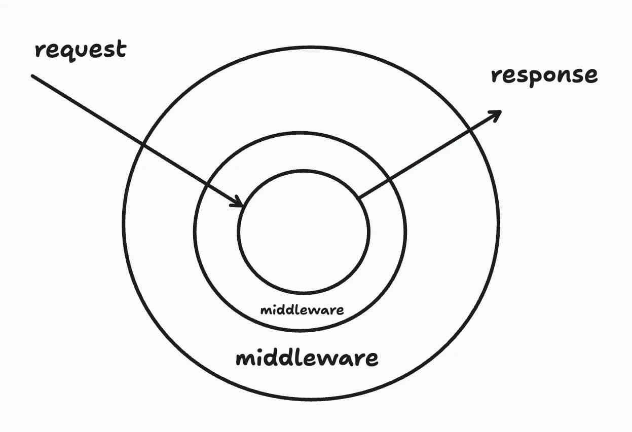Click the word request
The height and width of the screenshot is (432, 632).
[80, 50]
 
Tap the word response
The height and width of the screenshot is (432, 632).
[544, 75]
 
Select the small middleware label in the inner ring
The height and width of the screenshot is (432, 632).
[302, 309]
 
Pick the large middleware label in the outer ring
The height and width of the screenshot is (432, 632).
[307, 358]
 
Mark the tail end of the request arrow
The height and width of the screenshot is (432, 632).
[33, 76]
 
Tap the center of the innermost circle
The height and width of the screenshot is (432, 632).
[304, 232]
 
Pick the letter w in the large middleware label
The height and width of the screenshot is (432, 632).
[329, 359]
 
